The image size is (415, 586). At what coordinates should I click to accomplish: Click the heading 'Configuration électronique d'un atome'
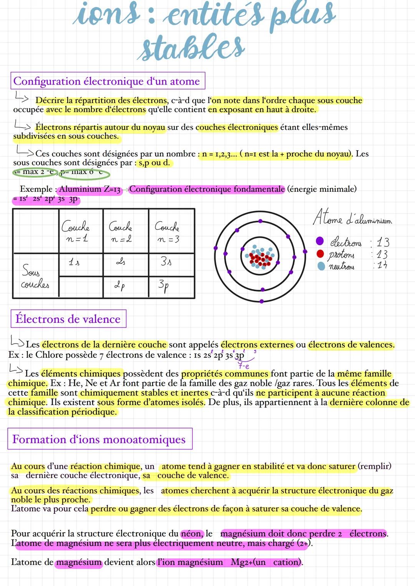point(107,81)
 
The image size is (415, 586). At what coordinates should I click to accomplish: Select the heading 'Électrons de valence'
point(68,319)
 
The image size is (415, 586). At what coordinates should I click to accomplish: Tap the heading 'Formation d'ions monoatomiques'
point(99,439)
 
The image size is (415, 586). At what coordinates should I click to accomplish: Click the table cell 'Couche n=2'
point(121,232)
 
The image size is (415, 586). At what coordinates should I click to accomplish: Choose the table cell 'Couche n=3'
point(167,232)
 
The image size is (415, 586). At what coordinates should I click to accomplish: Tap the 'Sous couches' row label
point(35,277)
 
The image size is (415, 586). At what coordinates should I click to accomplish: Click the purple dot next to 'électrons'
point(320,241)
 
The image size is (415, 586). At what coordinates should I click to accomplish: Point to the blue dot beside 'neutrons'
point(321,266)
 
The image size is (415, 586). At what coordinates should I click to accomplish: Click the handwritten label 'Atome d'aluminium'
point(352,219)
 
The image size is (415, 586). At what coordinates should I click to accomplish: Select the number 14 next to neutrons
point(382,266)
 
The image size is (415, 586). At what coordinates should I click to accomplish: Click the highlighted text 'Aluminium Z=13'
point(90,189)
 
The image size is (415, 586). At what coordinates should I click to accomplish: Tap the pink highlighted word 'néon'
point(191,534)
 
